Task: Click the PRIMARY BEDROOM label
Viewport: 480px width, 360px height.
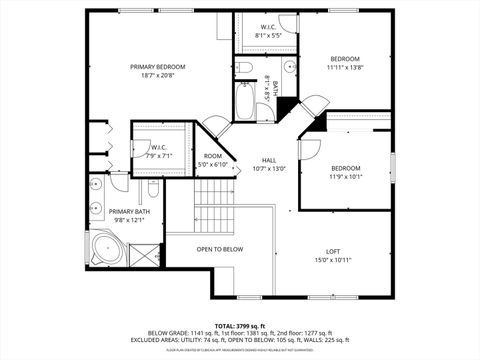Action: (x=158, y=67)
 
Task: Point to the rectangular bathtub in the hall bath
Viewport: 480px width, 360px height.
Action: (x=246, y=104)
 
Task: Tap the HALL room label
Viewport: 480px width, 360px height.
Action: (x=269, y=160)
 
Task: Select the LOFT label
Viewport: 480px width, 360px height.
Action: (x=333, y=251)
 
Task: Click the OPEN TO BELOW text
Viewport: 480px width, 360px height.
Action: (x=219, y=249)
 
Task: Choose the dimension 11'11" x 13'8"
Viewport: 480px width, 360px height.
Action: (x=345, y=67)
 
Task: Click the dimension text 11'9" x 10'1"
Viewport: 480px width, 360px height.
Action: (x=345, y=176)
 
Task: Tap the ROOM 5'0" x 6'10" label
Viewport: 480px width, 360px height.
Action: (x=213, y=160)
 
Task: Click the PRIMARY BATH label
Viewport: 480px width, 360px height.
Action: (x=129, y=211)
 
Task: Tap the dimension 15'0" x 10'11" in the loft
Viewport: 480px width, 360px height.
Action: (x=333, y=260)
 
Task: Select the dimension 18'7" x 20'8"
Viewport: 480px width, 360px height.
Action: (x=158, y=76)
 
